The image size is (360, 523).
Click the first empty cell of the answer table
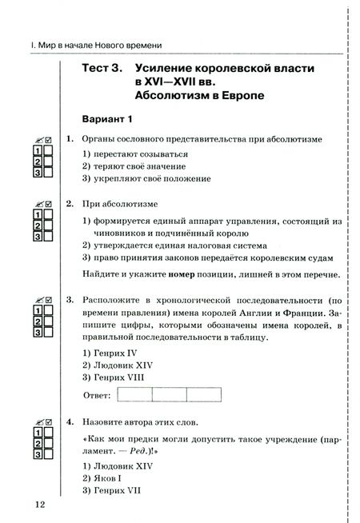134,395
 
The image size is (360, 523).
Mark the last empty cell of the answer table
204,395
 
